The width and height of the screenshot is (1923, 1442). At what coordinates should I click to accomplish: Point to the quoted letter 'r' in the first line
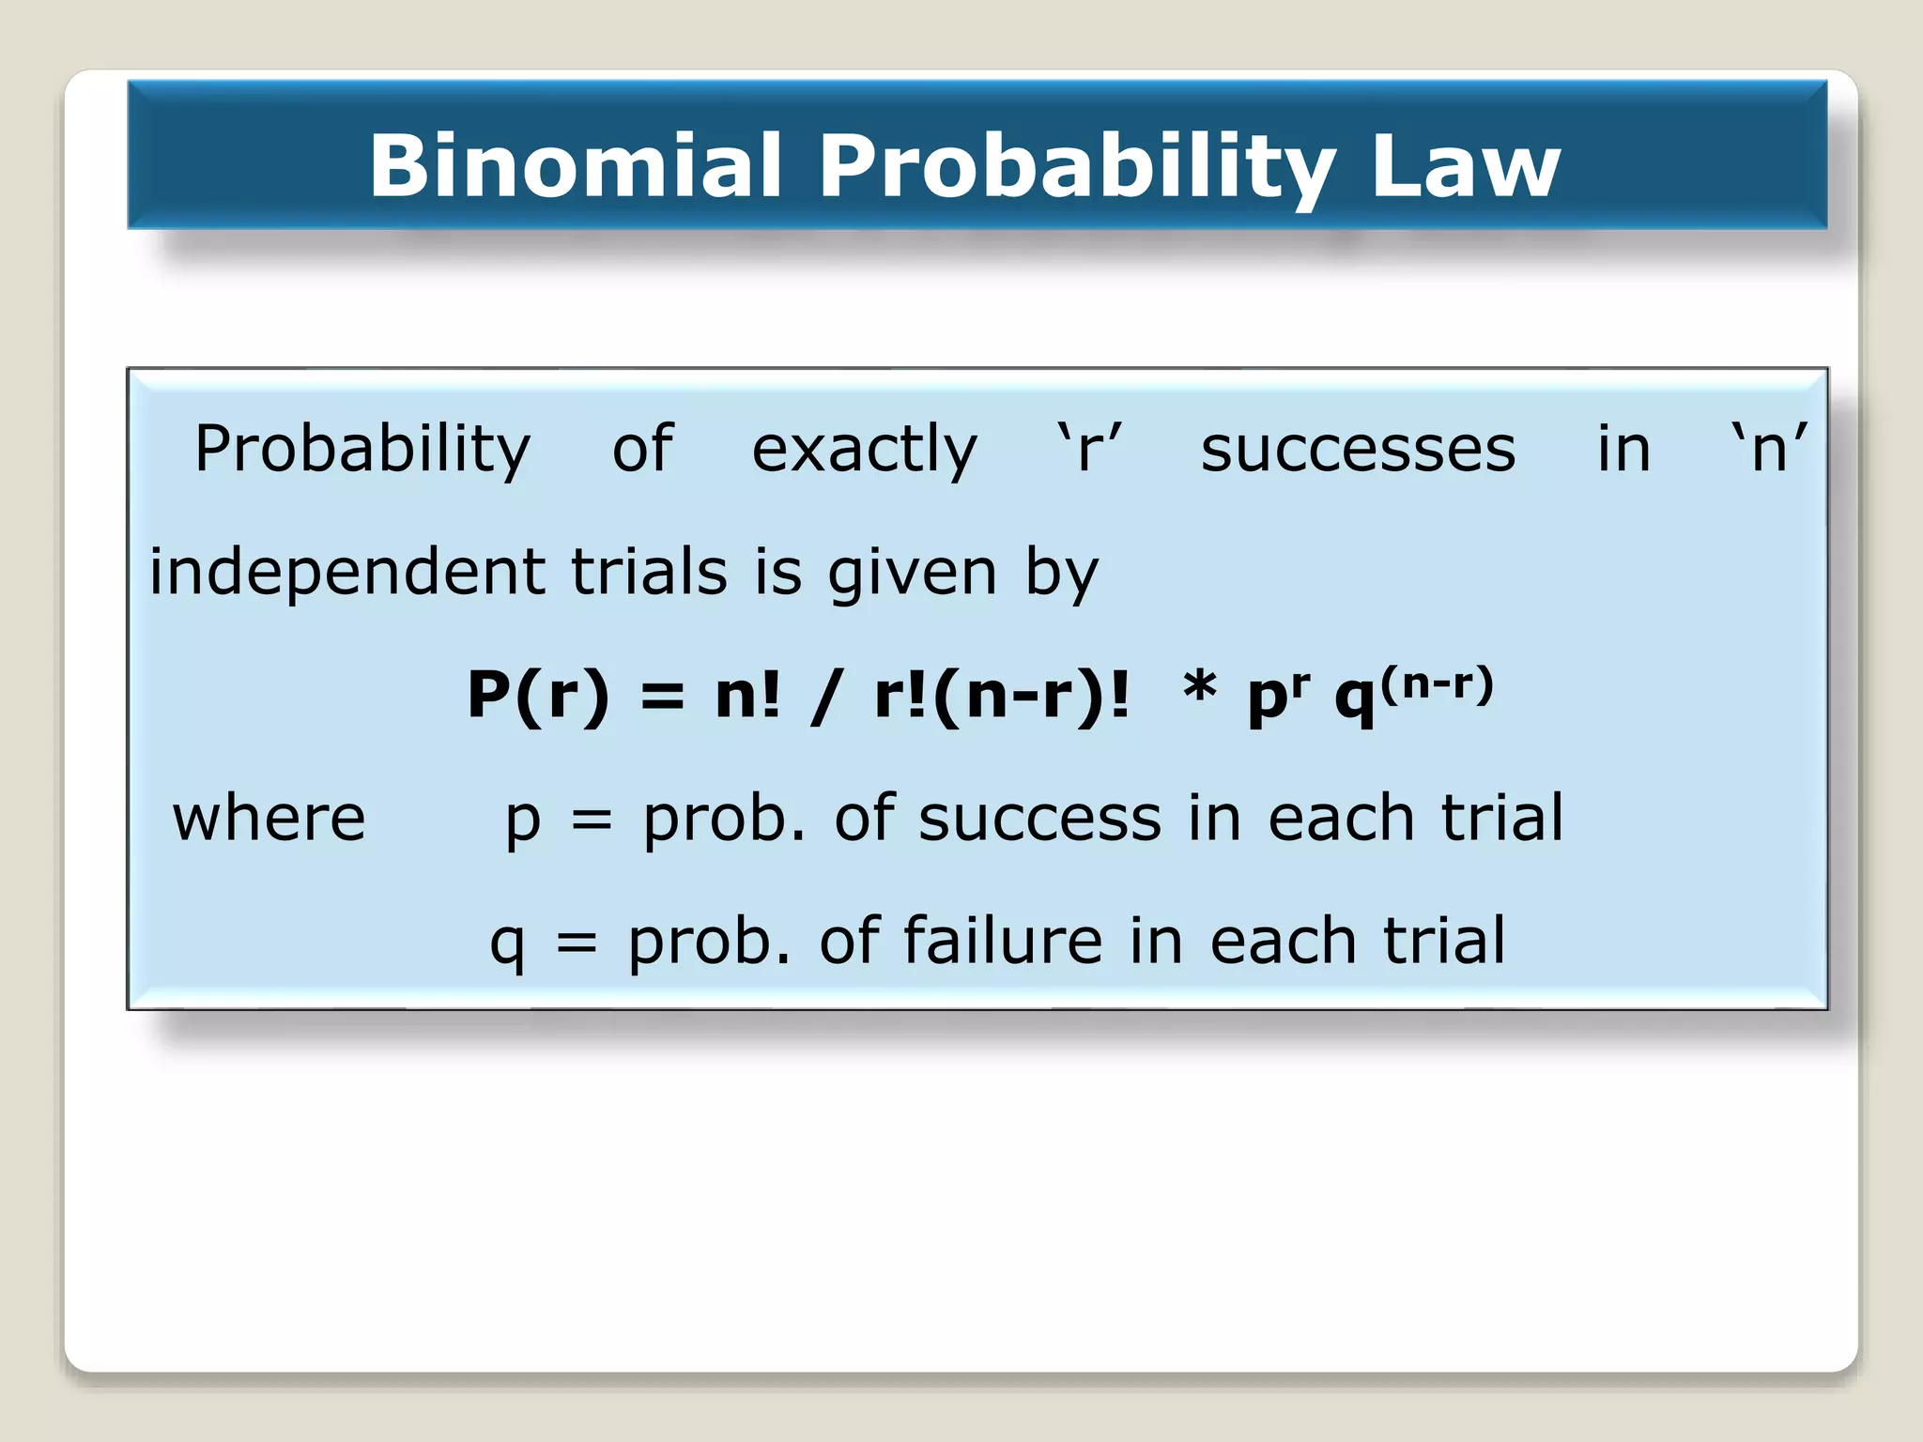[1089, 449]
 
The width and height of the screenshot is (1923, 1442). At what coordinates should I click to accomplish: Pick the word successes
[1358, 449]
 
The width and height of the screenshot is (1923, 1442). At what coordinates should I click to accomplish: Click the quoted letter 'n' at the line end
[1769, 449]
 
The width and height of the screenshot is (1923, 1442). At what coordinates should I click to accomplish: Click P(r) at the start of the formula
[538, 696]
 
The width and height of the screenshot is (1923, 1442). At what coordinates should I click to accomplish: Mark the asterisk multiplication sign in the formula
[1200, 688]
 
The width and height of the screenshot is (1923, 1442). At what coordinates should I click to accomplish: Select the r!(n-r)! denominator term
[1001, 696]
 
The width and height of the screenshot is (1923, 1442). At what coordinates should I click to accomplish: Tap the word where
[269, 818]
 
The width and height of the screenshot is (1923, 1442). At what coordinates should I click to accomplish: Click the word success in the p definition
[1039, 818]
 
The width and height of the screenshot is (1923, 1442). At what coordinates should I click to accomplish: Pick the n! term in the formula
[747, 696]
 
